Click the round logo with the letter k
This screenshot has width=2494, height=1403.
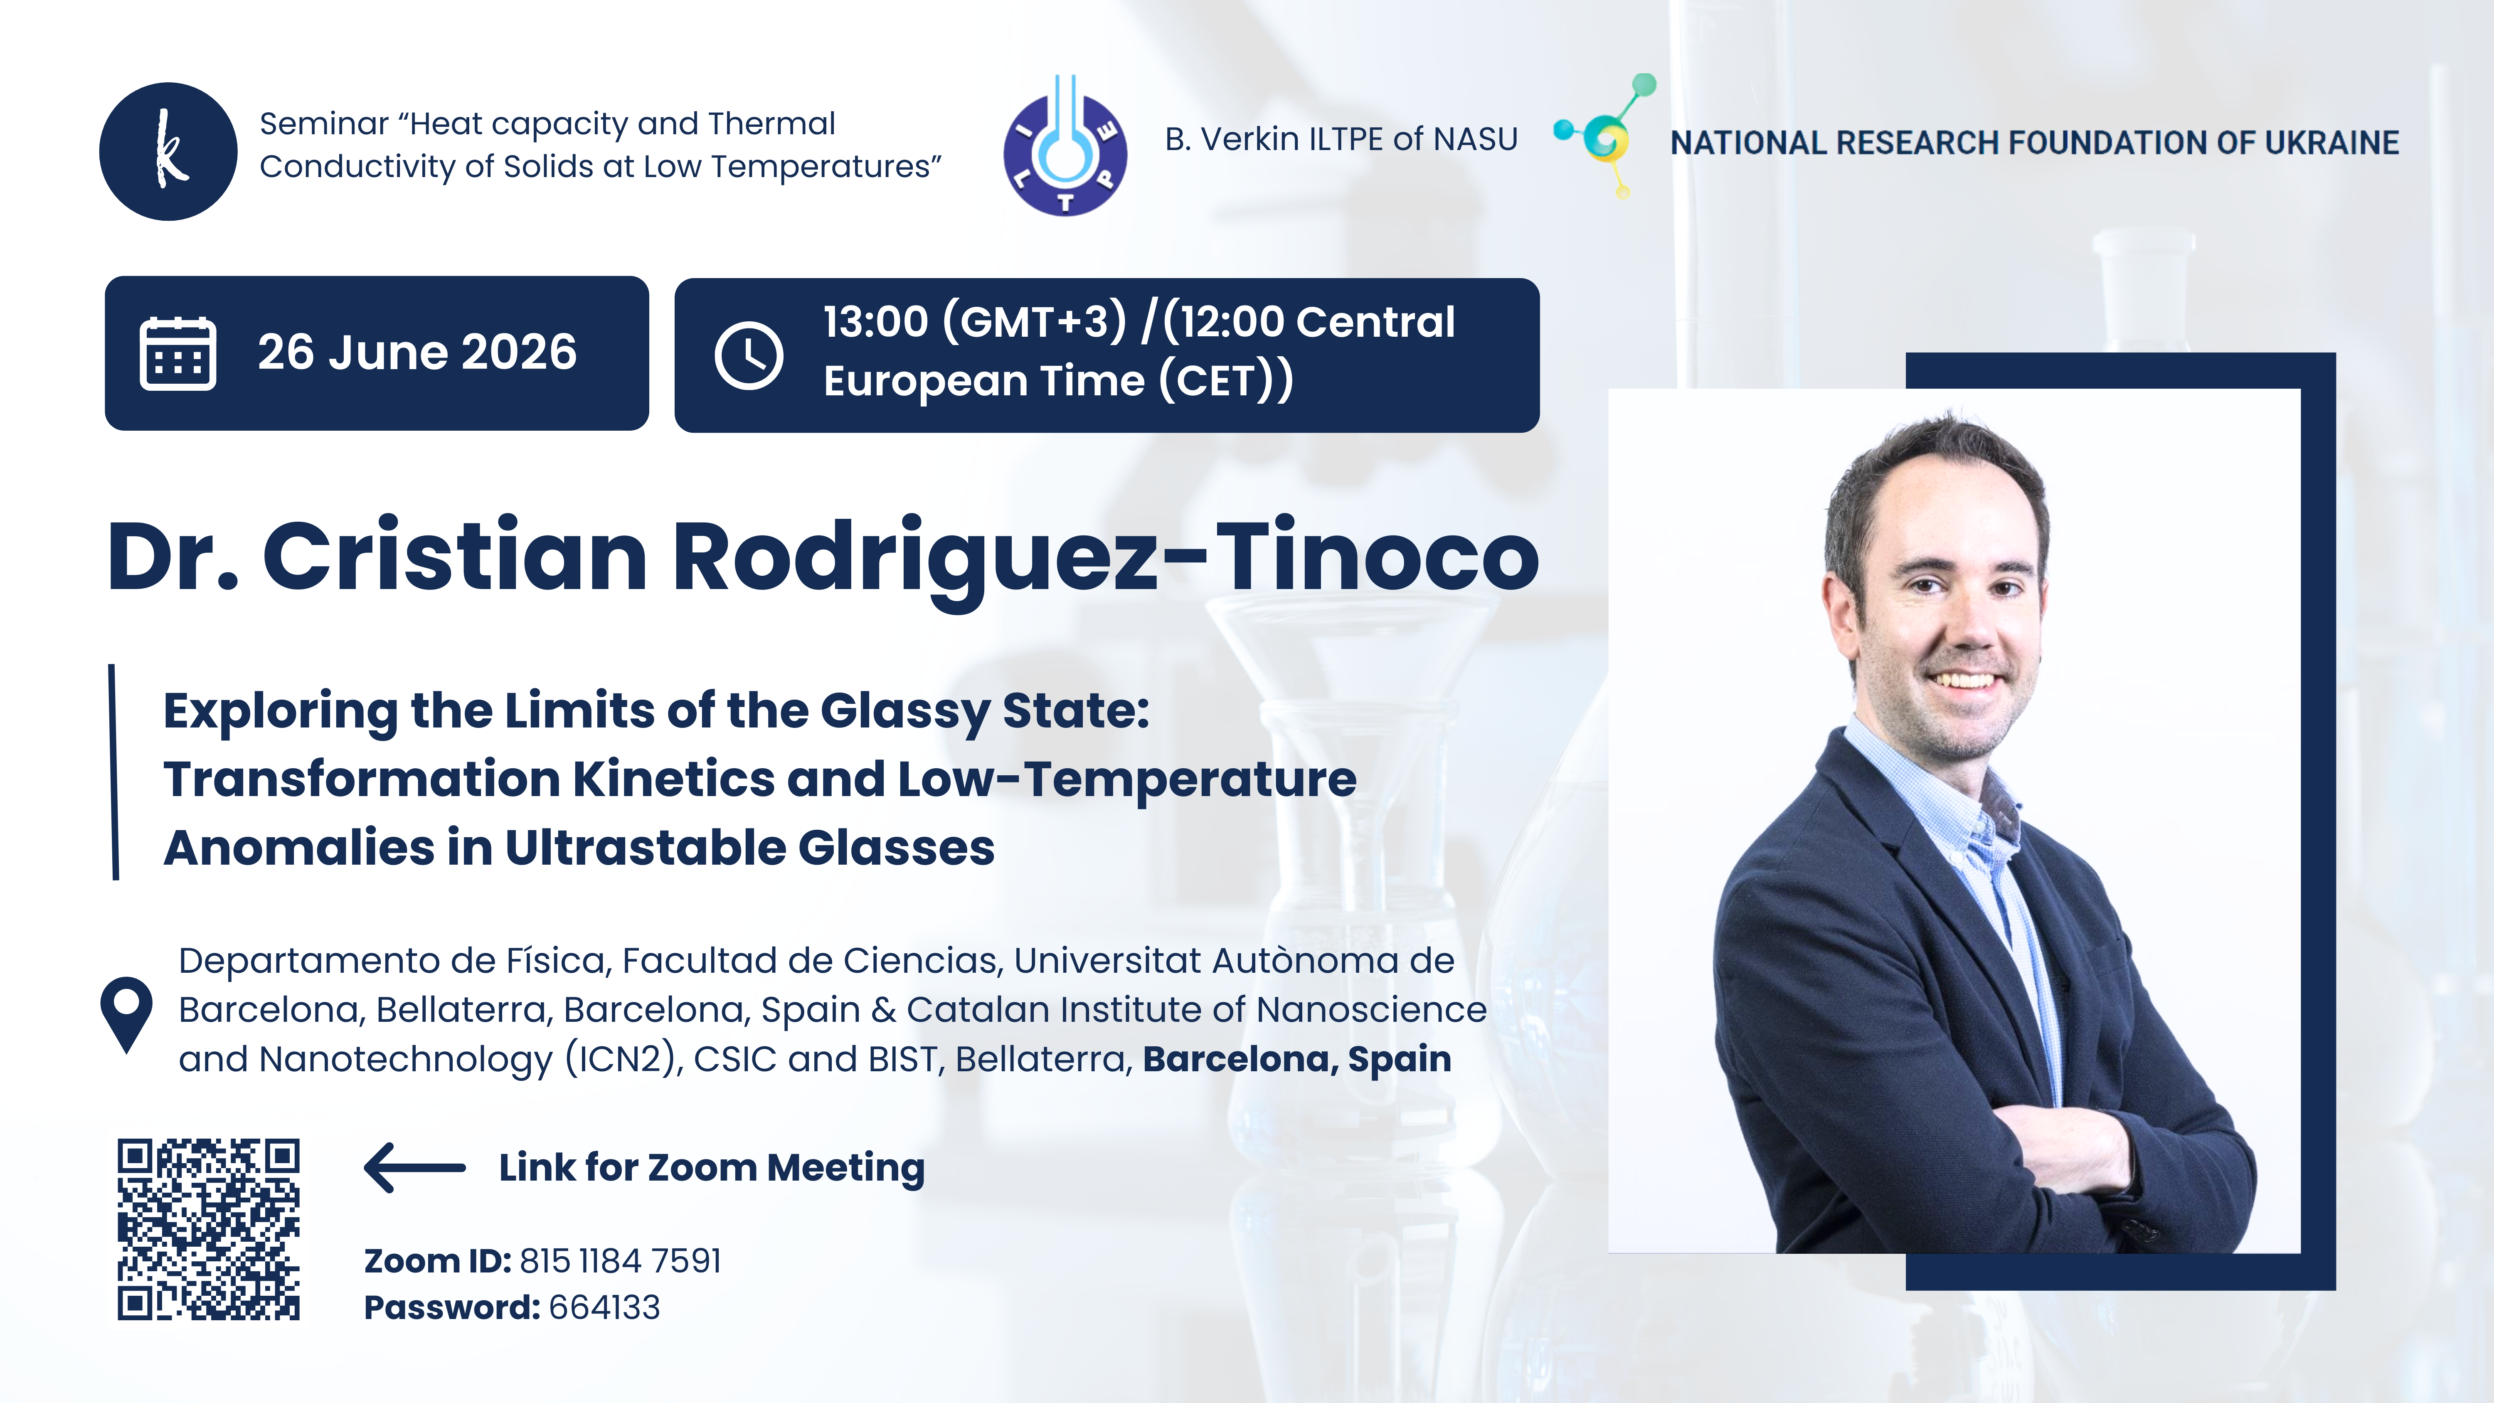coord(168,151)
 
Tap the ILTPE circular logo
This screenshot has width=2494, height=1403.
coord(1065,145)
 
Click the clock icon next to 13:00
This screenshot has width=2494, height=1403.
coord(748,356)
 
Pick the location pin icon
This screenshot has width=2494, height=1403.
coord(127,1015)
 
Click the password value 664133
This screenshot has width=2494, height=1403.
coord(604,1307)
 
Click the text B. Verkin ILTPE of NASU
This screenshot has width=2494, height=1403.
coord(1341,139)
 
